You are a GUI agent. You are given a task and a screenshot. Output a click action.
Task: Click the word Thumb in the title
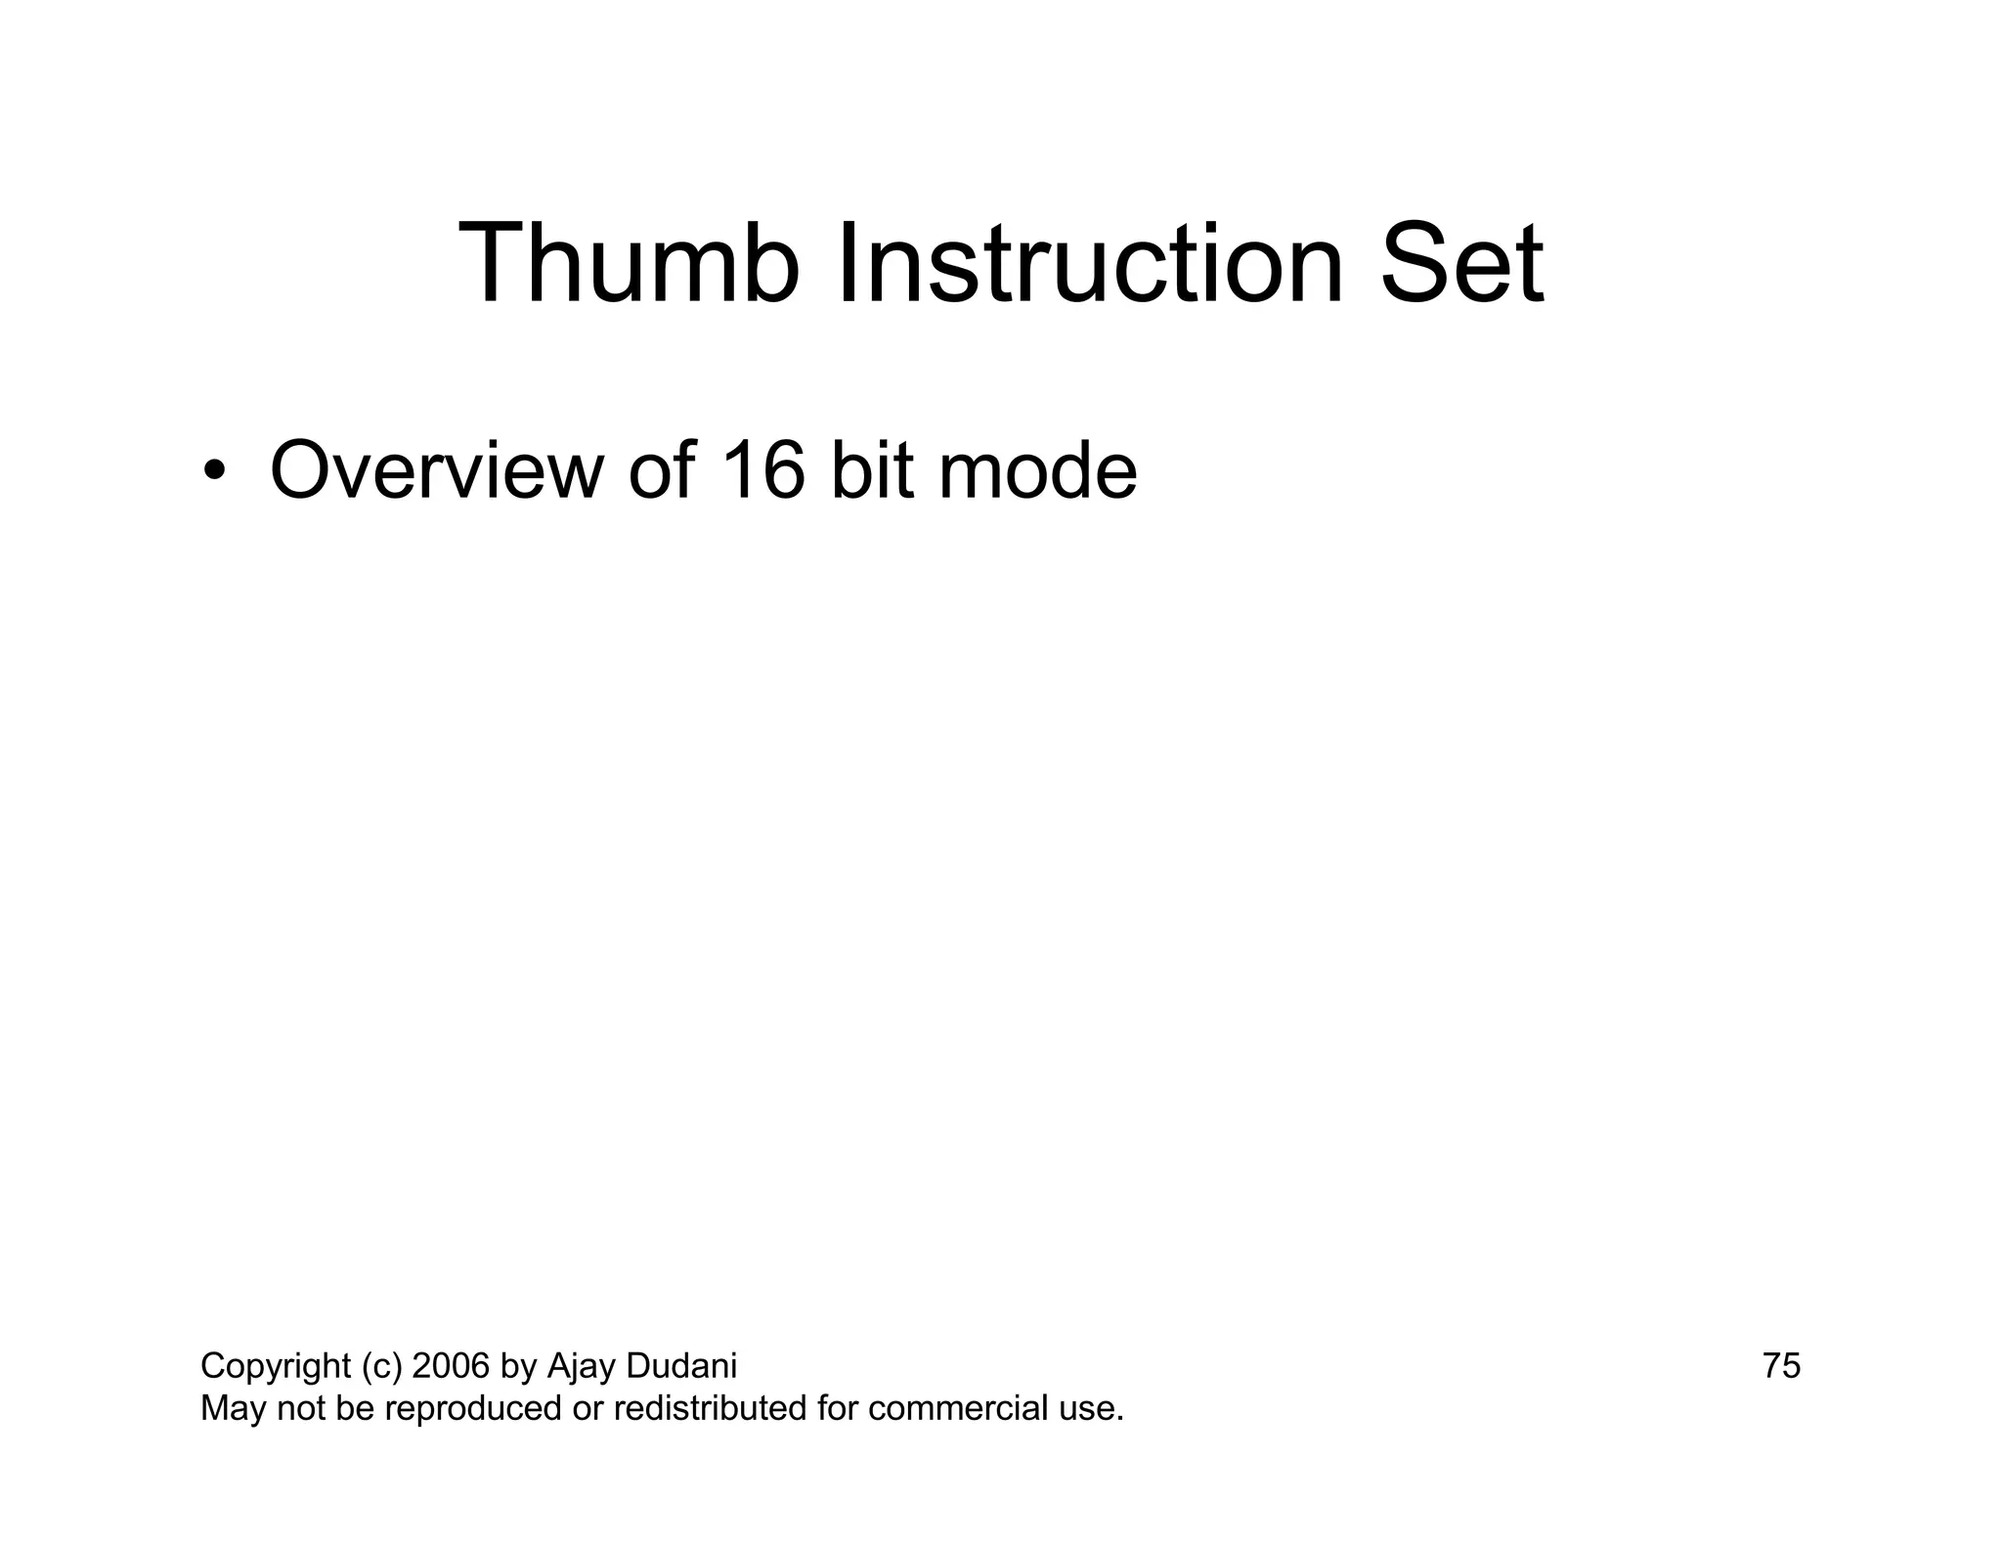point(628,264)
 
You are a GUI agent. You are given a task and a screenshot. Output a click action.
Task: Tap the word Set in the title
point(1460,264)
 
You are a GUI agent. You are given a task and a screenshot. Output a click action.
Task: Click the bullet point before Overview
point(214,472)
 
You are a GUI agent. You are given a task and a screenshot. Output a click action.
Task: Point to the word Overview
point(436,472)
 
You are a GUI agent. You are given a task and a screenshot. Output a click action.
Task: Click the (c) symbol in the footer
point(381,1366)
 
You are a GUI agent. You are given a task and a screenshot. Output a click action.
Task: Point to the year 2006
point(451,1366)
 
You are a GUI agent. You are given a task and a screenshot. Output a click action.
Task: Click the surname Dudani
point(680,1366)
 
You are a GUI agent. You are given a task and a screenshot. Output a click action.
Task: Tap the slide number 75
point(1781,1366)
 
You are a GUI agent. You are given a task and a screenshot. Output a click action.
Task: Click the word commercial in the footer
point(958,1409)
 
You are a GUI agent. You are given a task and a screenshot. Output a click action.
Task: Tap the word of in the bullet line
point(662,472)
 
